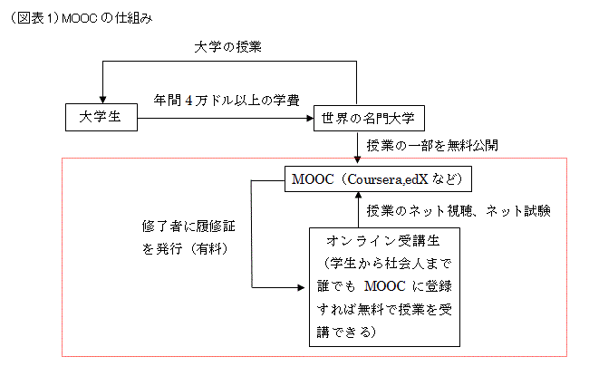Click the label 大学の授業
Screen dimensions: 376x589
(228, 47)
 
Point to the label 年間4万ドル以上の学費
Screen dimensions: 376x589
(227, 100)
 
